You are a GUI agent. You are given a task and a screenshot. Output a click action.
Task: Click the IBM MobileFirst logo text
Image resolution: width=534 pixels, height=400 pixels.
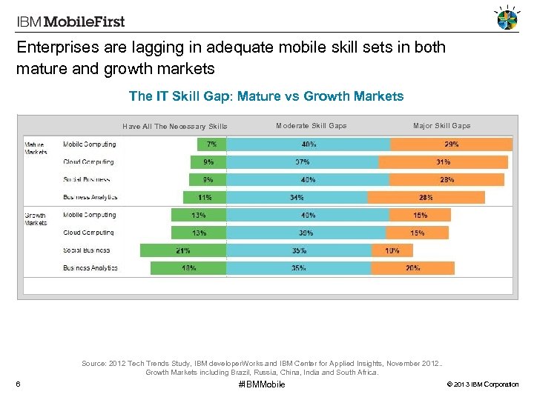pos(71,21)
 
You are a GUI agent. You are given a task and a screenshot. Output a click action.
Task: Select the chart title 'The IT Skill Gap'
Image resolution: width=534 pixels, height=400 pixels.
pos(266,96)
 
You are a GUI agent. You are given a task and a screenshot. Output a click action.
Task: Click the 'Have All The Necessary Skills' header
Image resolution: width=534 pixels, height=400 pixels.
pos(175,127)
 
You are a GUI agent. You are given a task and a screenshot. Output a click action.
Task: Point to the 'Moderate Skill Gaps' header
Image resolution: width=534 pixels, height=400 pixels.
pos(311,126)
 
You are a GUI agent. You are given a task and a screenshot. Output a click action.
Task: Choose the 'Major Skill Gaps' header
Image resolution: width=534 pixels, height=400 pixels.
pos(441,126)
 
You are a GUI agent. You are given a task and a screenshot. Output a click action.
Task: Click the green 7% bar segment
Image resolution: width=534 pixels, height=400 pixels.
pos(212,144)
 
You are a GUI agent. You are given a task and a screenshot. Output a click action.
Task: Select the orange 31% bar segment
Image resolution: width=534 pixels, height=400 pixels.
pos(443,162)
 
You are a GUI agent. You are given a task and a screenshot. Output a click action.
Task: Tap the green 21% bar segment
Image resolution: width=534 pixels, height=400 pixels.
pos(183,250)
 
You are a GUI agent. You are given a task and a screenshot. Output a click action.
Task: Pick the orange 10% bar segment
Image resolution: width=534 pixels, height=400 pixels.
pos(392,250)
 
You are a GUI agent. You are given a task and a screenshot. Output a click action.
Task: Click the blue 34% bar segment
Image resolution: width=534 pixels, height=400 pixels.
pos(297,198)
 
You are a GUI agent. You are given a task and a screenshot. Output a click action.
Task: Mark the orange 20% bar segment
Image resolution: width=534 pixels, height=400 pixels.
pos(412,268)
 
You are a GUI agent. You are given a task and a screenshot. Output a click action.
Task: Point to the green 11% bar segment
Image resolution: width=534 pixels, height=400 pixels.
pos(205,198)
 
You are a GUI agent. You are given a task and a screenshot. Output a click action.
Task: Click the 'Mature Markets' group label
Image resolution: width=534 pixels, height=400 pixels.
pos(36,148)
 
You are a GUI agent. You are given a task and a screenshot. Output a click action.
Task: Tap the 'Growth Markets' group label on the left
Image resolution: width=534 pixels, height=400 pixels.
pos(36,219)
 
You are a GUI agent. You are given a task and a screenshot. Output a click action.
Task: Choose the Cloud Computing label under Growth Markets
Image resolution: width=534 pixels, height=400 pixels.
pos(88,233)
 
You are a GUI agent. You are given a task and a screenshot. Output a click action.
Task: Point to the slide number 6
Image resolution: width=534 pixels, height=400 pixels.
pos(17,384)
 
